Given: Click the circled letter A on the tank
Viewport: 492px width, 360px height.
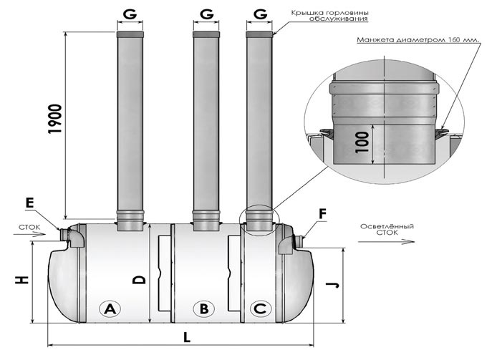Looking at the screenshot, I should [110, 309].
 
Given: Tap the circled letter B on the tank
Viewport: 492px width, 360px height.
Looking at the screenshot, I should [204, 309].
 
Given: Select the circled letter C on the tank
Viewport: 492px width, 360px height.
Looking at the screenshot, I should [260, 309].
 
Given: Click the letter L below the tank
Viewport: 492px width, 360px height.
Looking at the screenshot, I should [186, 337].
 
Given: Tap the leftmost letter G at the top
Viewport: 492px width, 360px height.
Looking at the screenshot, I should [130, 14].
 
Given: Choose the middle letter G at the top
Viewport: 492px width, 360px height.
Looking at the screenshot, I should [206, 14].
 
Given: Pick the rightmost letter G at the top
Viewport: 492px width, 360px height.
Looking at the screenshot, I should [260, 14].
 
